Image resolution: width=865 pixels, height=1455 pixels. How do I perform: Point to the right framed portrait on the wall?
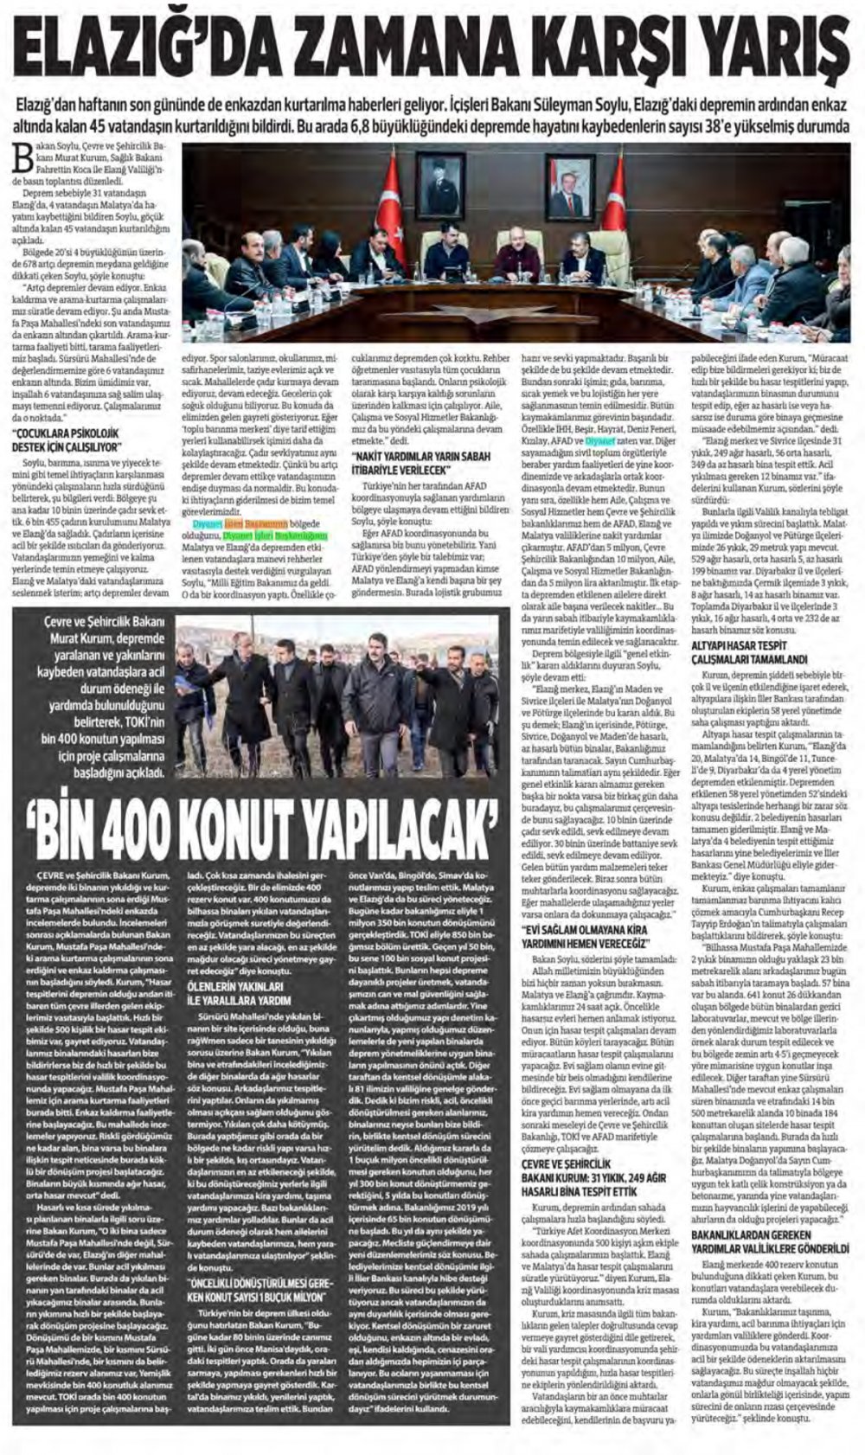tap(566, 184)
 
